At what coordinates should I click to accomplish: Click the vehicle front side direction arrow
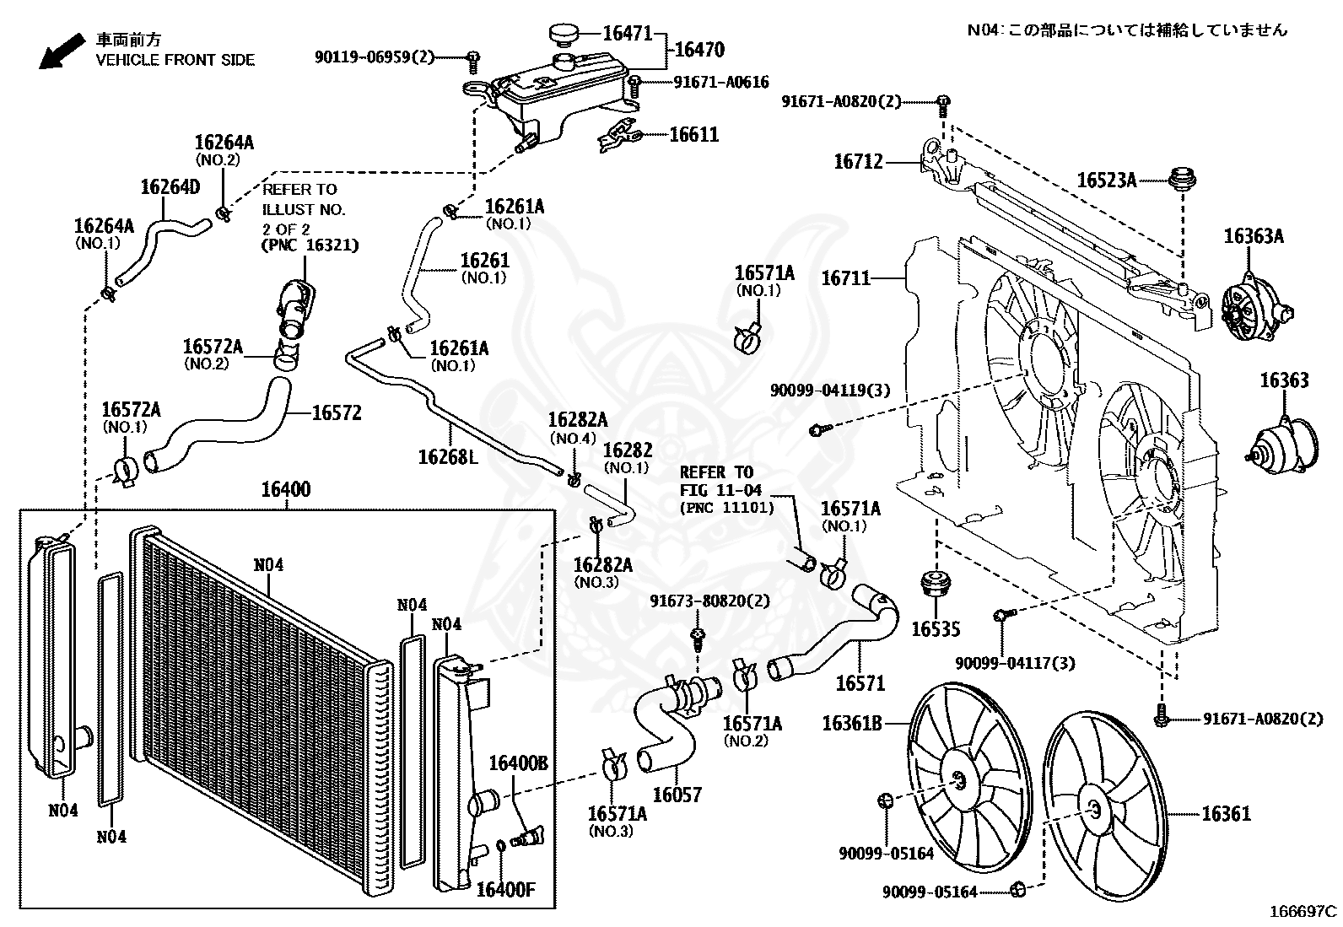point(62,51)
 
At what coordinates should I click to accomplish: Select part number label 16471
point(627,33)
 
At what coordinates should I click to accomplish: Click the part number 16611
point(694,134)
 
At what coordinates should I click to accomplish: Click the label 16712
point(859,161)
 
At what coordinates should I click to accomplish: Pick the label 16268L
point(448,457)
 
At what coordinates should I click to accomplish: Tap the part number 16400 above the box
point(286,489)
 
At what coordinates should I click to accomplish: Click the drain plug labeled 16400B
point(527,837)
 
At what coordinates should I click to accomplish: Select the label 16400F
point(505,890)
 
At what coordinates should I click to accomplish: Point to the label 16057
point(677,795)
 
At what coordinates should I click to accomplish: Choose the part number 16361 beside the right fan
point(1227,814)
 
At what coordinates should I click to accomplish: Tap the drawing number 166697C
point(1303,911)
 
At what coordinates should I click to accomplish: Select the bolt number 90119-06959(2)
point(374,57)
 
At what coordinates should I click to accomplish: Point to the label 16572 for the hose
point(337,412)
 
